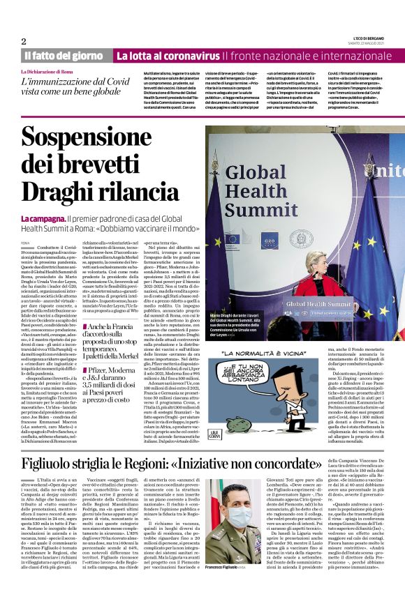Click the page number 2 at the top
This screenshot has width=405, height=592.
pyautogui.click(x=23, y=41)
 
